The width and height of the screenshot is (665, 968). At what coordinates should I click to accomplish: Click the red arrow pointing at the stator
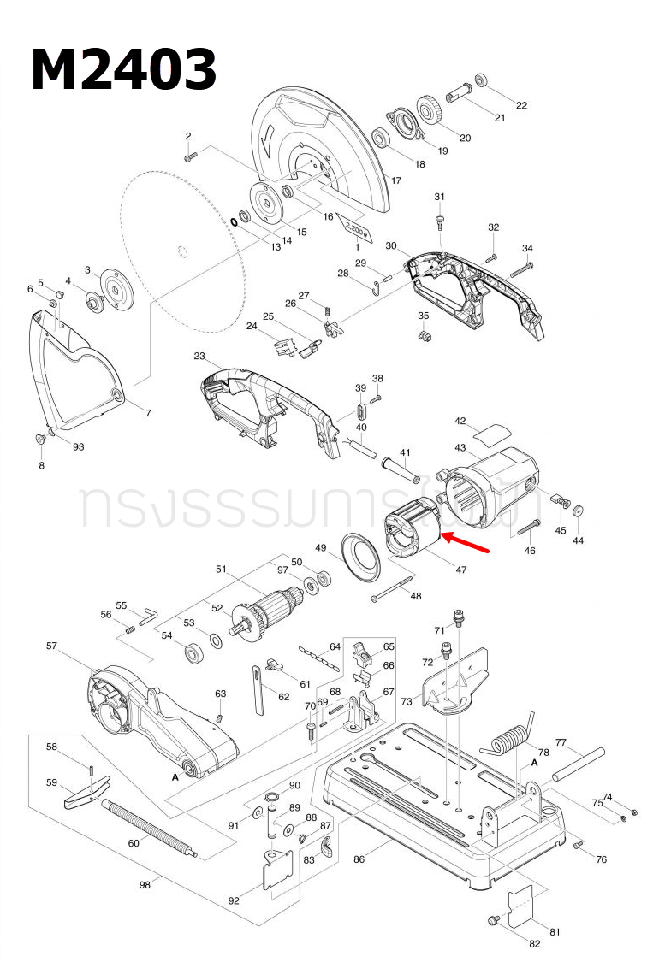point(466,544)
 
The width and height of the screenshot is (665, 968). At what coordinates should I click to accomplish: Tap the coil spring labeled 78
point(511,735)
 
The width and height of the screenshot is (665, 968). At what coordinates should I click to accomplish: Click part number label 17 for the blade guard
point(395,180)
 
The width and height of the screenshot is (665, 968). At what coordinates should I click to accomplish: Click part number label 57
point(50,646)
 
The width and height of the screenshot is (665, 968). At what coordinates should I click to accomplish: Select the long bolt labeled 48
point(401,588)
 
